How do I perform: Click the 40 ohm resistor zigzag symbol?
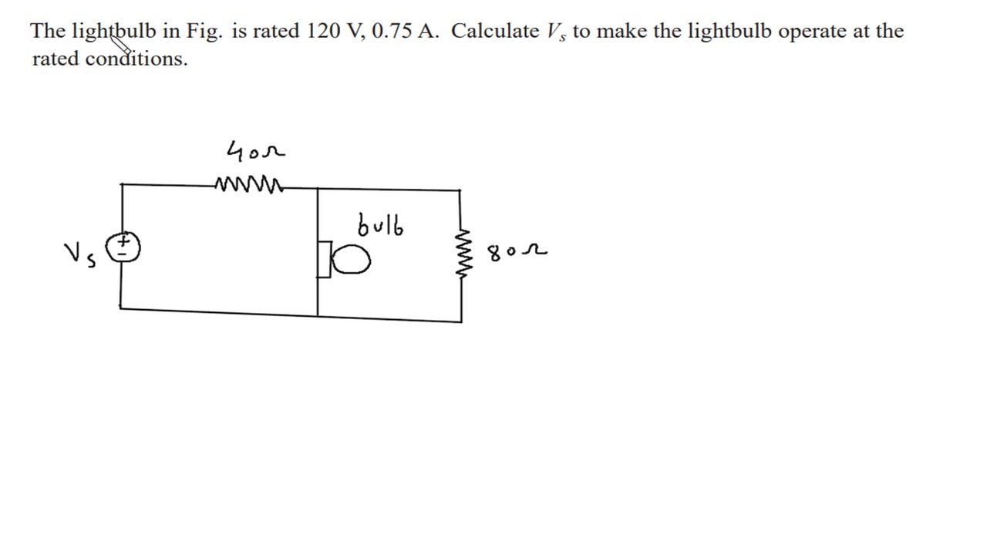[249, 184]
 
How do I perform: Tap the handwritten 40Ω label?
[256, 151]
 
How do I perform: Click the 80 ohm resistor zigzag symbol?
[463, 254]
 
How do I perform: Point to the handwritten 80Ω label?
[517, 252]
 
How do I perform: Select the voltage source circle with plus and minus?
[123, 247]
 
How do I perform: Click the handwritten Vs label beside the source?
[80, 255]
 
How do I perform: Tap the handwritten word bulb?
[380, 226]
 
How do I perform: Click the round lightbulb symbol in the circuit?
[351, 259]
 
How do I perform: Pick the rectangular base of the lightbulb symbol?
[325, 260]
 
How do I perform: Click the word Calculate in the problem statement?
[495, 31]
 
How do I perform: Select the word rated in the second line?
[56, 58]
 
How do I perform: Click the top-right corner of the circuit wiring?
[460, 190]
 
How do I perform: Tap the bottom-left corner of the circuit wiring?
[120, 308]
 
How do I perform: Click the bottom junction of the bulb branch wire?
[318, 316]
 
